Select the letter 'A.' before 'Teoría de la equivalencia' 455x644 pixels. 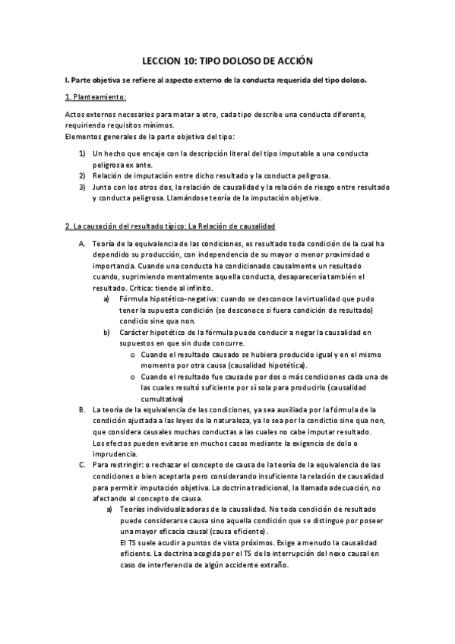(82, 242)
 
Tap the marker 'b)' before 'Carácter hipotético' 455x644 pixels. (106, 333)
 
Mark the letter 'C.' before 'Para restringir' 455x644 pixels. (82, 463)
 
